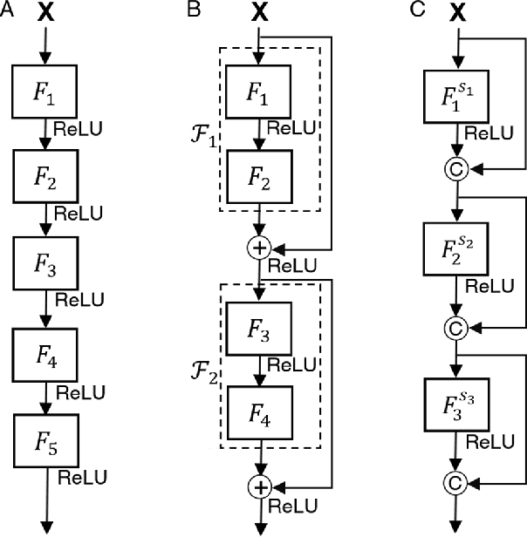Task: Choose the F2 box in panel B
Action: pos(259,179)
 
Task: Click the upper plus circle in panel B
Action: pos(259,248)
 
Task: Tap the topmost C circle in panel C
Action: pos(453,167)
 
